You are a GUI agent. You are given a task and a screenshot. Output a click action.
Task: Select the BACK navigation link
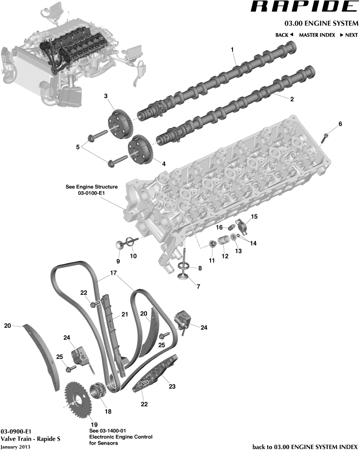tap(284, 35)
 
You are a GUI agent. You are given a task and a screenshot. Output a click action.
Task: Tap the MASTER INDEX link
tap(317, 35)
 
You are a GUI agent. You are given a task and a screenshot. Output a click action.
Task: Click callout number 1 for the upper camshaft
tap(233, 50)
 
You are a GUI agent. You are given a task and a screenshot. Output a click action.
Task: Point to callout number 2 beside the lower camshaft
tap(292, 99)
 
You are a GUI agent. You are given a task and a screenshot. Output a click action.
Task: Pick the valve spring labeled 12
tap(224, 242)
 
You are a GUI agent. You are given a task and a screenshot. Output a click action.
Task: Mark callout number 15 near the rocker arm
tap(254, 216)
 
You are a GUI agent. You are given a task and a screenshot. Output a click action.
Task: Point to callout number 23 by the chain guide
tap(171, 386)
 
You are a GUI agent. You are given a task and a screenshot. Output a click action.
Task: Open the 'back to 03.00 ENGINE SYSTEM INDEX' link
tap(305, 447)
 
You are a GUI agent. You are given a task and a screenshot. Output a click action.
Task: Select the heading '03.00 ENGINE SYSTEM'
tap(321, 23)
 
